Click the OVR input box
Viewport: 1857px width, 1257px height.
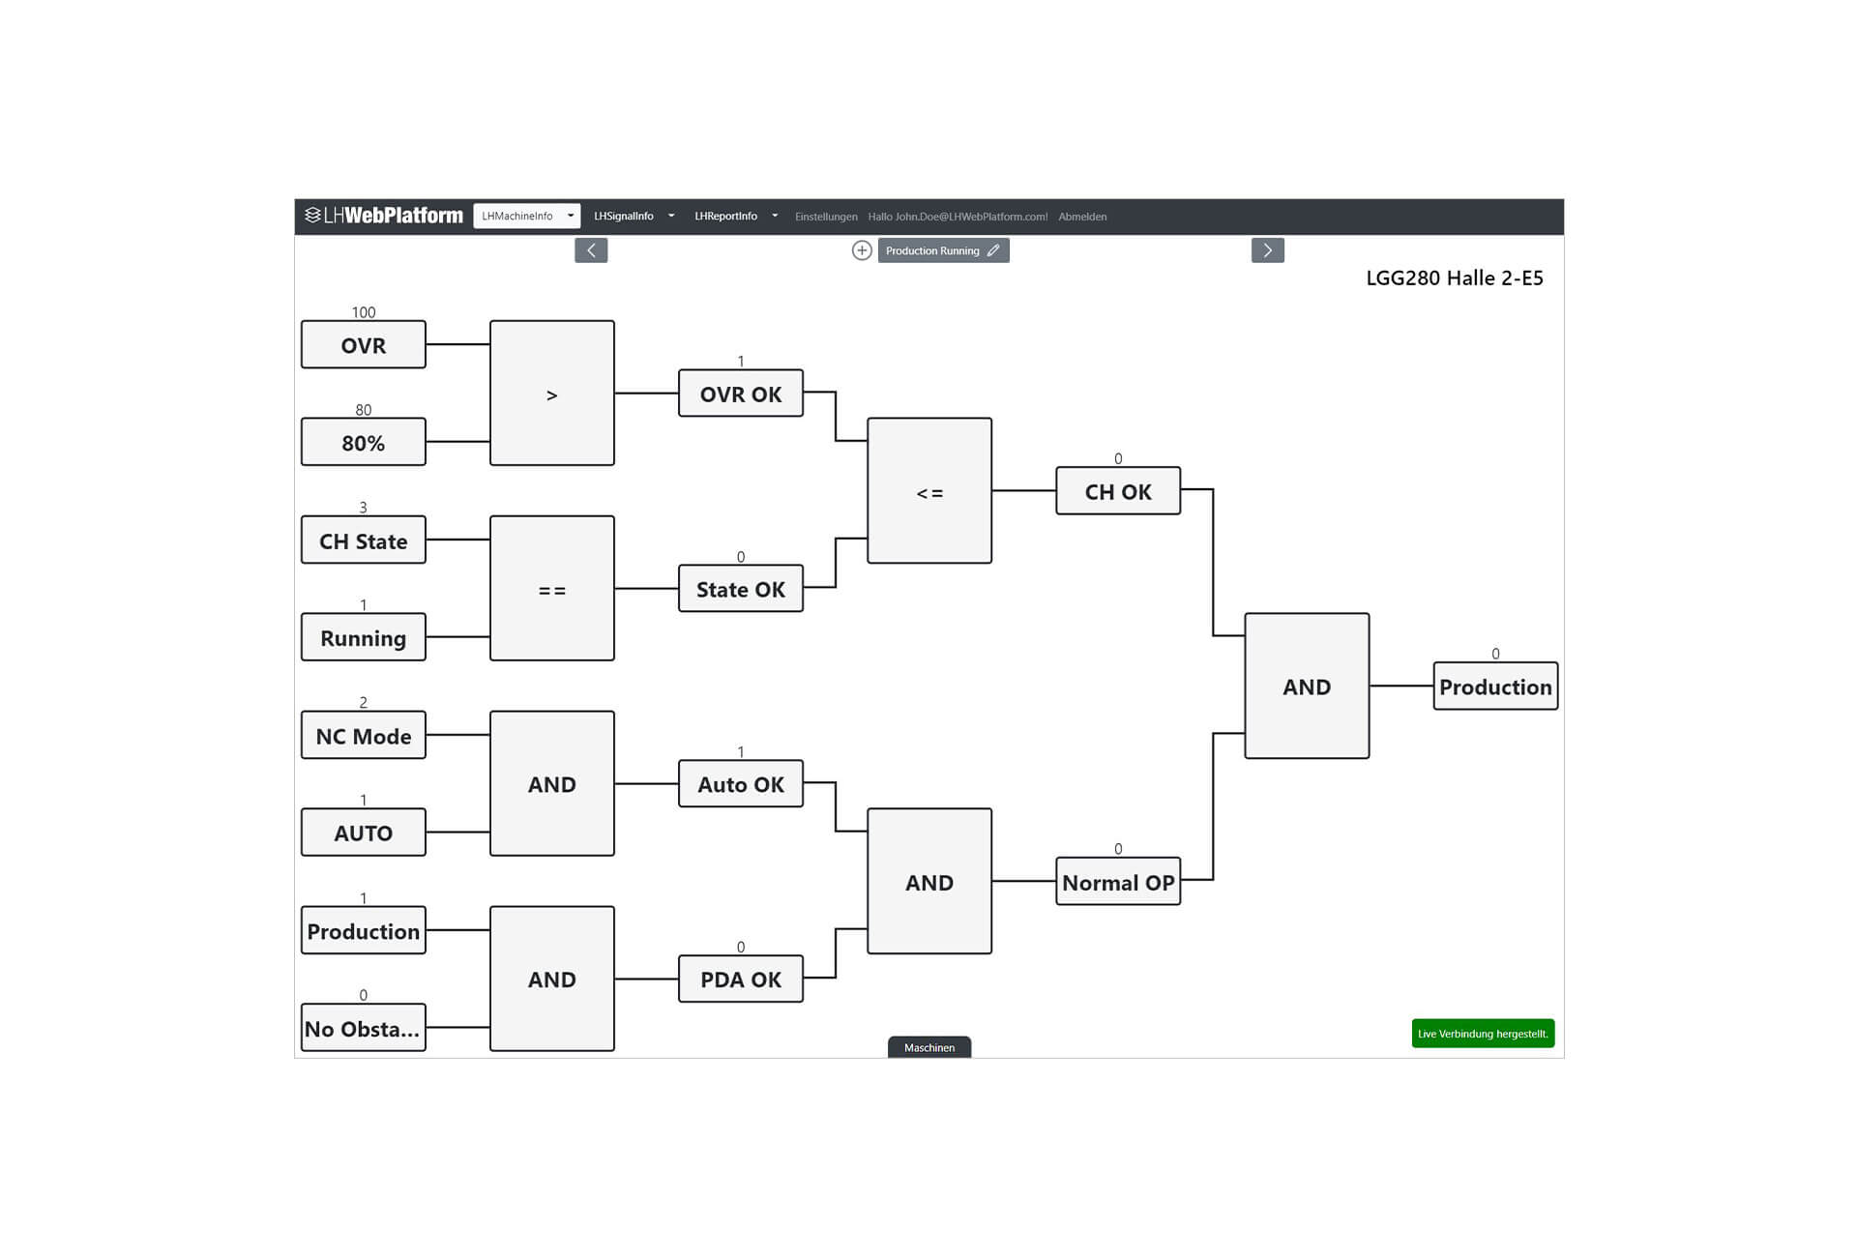point(363,345)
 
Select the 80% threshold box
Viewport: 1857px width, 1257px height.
point(363,443)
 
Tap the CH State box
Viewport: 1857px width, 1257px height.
point(363,541)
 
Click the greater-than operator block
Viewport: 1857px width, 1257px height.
point(551,394)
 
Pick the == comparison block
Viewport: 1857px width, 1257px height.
point(551,589)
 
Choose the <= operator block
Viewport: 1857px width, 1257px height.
point(928,491)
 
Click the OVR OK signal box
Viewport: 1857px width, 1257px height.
point(740,394)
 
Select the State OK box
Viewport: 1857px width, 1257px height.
point(740,589)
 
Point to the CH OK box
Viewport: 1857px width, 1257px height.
point(1117,491)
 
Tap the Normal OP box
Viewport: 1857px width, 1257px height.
point(1117,882)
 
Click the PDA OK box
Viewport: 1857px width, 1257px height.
point(740,979)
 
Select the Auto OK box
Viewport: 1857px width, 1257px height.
point(740,784)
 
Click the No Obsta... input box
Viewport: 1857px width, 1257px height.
point(363,1028)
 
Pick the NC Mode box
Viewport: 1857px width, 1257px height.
point(363,736)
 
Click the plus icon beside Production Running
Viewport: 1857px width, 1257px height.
point(861,250)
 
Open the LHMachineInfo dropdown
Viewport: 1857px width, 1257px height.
point(526,216)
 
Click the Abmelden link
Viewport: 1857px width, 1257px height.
point(1082,217)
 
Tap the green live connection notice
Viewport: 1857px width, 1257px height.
point(1483,1034)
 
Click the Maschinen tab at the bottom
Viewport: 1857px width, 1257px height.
point(928,1047)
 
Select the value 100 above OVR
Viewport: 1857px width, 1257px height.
point(363,312)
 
